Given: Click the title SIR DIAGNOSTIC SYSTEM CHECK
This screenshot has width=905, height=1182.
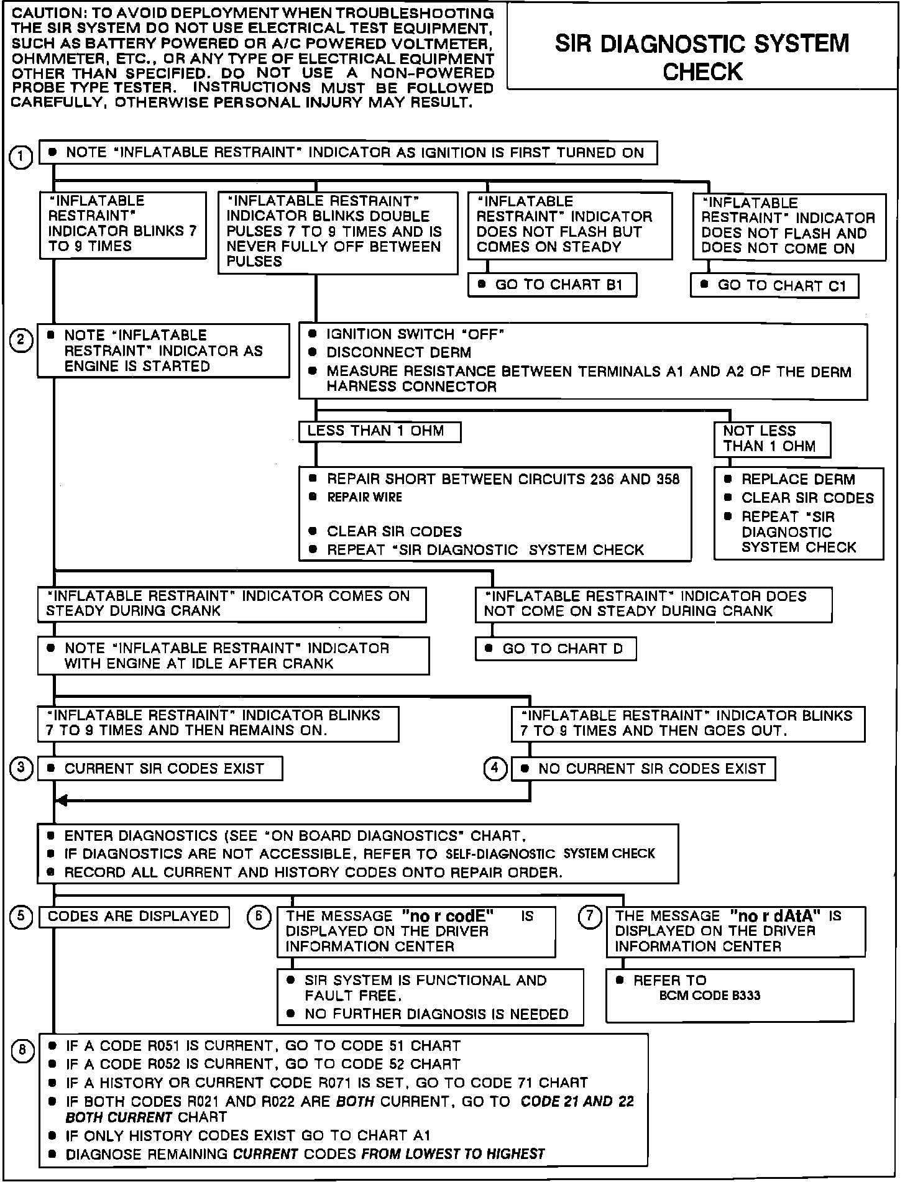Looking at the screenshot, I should (702, 57).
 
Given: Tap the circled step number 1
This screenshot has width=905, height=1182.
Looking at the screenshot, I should (21, 157).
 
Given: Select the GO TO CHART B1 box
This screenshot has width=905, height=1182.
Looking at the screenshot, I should (553, 285).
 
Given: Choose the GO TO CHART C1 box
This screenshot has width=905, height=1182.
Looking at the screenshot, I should (774, 286).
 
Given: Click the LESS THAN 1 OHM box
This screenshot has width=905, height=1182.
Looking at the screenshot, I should (379, 431).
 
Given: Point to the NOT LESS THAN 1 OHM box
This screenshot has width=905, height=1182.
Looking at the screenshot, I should (771, 439).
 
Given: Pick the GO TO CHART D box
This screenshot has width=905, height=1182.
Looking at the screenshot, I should (556, 649).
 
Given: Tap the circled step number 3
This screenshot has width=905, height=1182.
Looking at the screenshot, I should (21, 769).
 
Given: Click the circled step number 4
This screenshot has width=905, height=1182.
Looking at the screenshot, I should (495, 769).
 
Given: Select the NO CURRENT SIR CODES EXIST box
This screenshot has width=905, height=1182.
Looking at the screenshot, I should (644, 769).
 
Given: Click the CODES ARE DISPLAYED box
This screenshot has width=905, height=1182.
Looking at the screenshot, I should (134, 917).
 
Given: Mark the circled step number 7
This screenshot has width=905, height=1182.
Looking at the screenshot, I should (590, 917).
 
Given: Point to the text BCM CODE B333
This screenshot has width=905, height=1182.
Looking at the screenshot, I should (709, 996).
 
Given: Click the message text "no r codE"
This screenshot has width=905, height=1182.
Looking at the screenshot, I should (448, 916).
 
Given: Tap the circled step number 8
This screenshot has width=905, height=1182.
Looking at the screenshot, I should (22, 1051).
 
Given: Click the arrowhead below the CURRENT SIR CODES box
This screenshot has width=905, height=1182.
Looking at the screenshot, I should (61, 800).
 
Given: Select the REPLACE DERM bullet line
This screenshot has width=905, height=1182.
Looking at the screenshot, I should (798, 480).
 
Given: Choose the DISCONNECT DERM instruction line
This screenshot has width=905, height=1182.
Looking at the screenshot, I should (398, 353).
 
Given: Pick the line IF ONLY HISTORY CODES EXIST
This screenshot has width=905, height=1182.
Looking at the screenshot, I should (247, 1136).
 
